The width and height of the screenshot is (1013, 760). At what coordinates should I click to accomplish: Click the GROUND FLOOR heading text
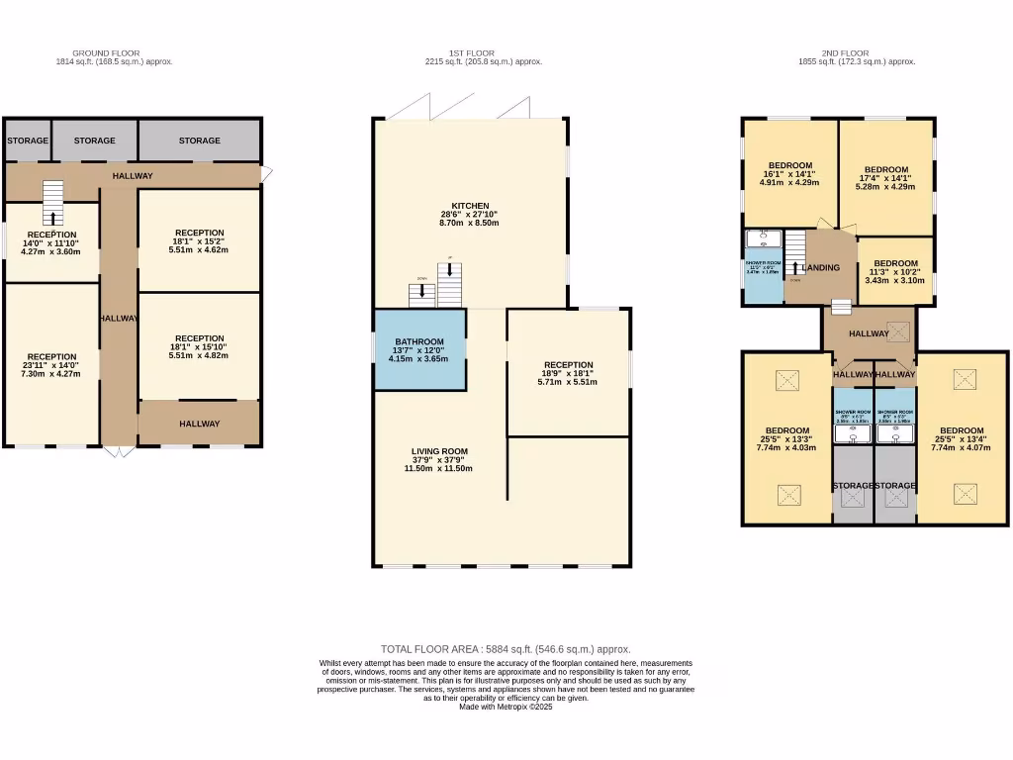coord(106,52)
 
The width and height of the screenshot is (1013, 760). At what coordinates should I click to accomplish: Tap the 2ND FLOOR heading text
coord(845,52)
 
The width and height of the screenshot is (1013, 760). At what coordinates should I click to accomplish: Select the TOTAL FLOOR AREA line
coord(506,649)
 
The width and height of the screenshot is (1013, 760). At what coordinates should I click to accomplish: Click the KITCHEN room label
coord(470,206)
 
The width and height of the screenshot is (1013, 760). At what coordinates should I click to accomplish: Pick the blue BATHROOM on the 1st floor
coord(418,349)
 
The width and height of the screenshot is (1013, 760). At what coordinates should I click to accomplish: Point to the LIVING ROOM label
coord(439,459)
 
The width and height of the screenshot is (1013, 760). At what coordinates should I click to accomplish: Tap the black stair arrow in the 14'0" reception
coord(51,218)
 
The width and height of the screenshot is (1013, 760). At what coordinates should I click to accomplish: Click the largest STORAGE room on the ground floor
coord(200,141)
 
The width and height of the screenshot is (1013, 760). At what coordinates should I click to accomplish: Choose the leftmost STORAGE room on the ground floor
coord(28,141)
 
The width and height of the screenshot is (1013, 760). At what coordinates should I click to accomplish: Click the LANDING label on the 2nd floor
coord(822,268)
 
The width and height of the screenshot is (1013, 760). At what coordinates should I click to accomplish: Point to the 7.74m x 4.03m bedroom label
coord(788,438)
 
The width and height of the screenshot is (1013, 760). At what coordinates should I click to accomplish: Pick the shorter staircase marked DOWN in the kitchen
coord(422,293)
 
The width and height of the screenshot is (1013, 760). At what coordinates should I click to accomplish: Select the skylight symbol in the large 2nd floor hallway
coord(898,332)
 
